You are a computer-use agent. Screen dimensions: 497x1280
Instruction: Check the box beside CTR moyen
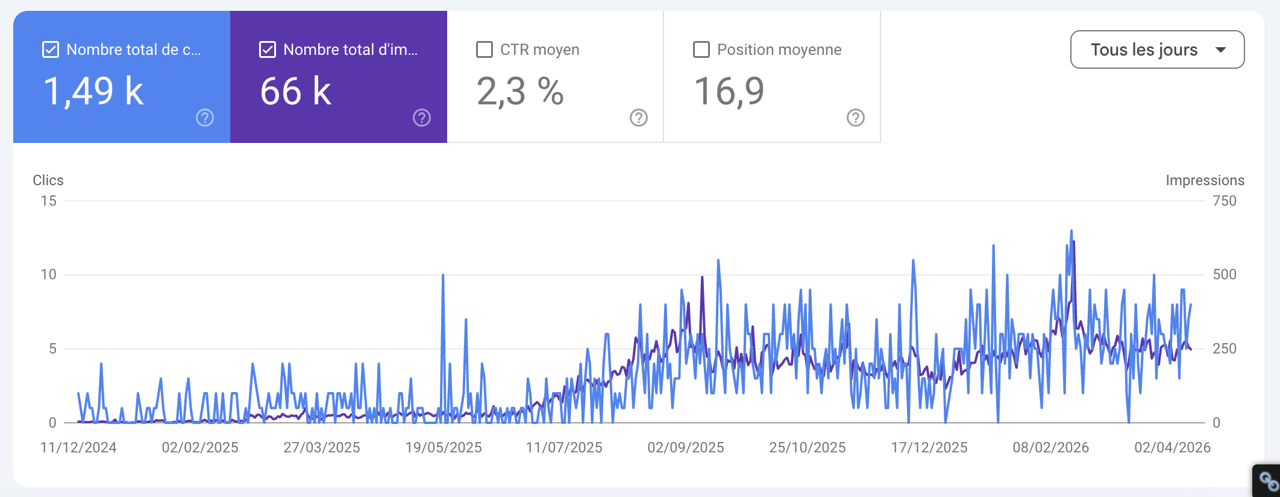(x=485, y=49)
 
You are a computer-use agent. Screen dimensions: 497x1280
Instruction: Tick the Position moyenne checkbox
(x=701, y=49)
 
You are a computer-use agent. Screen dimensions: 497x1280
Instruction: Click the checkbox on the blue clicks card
(x=51, y=49)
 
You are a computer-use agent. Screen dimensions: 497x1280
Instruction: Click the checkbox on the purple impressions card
(x=268, y=49)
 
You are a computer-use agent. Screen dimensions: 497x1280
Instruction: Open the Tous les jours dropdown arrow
(x=1221, y=49)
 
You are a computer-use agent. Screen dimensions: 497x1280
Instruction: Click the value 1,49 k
(x=93, y=92)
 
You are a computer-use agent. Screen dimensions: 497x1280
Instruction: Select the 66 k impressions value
(x=296, y=92)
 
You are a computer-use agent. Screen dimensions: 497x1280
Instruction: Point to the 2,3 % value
(x=520, y=92)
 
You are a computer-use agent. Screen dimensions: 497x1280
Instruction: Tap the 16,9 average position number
(x=729, y=92)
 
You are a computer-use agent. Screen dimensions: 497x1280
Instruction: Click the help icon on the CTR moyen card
(x=639, y=118)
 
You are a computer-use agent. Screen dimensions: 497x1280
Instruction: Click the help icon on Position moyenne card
(x=856, y=118)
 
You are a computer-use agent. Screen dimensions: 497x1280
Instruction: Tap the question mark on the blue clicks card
(x=205, y=118)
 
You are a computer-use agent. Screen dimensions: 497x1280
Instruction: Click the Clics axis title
(x=48, y=180)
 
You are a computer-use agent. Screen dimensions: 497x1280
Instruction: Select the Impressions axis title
(x=1205, y=180)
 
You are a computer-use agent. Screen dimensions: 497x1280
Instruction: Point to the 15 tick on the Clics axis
(x=49, y=201)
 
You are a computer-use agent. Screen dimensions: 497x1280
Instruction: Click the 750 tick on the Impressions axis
(x=1224, y=201)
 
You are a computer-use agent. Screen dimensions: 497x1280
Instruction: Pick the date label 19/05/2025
(x=444, y=448)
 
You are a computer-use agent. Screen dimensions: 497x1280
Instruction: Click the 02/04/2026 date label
(x=1172, y=448)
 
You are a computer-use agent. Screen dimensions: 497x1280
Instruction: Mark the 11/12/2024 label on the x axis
(x=78, y=448)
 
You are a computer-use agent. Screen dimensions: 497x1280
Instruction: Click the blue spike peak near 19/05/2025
(x=443, y=276)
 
